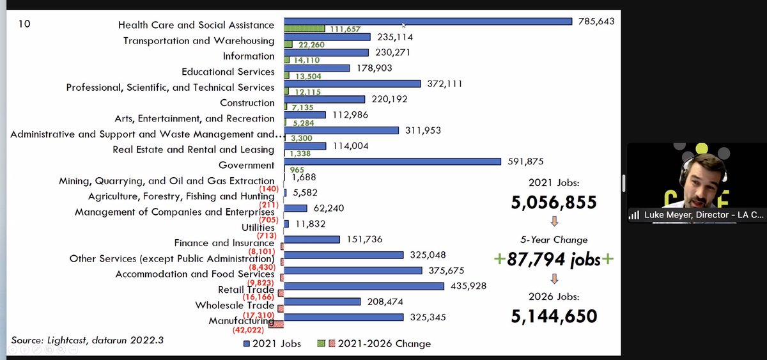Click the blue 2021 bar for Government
click(392, 161)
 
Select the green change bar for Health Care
click(304, 29)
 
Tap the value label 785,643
click(596, 21)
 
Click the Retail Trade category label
click(246, 290)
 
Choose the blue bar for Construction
click(325, 99)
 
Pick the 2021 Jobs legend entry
click(272, 343)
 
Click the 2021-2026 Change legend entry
click(374, 343)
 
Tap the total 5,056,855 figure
click(554, 202)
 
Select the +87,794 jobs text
click(554, 260)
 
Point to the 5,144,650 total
click(554, 316)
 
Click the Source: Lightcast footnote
click(88, 340)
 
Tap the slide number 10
click(24, 24)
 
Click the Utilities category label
click(258, 228)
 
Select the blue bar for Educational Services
click(317, 68)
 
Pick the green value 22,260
click(311, 45)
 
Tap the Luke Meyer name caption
click(704, 215)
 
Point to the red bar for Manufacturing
click(276, 324)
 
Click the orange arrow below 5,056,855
click(554, 221)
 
